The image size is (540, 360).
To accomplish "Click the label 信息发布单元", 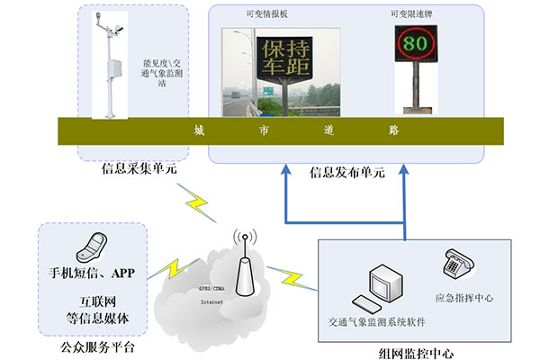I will (x=346, y=172).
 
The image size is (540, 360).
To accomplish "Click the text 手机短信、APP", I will (x=93, y=271).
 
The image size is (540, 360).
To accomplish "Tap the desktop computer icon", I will (x=376, y=288).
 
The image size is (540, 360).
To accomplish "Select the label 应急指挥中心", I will (x=463, y=297).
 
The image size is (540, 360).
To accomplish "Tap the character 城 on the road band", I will (x=199, y=130).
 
